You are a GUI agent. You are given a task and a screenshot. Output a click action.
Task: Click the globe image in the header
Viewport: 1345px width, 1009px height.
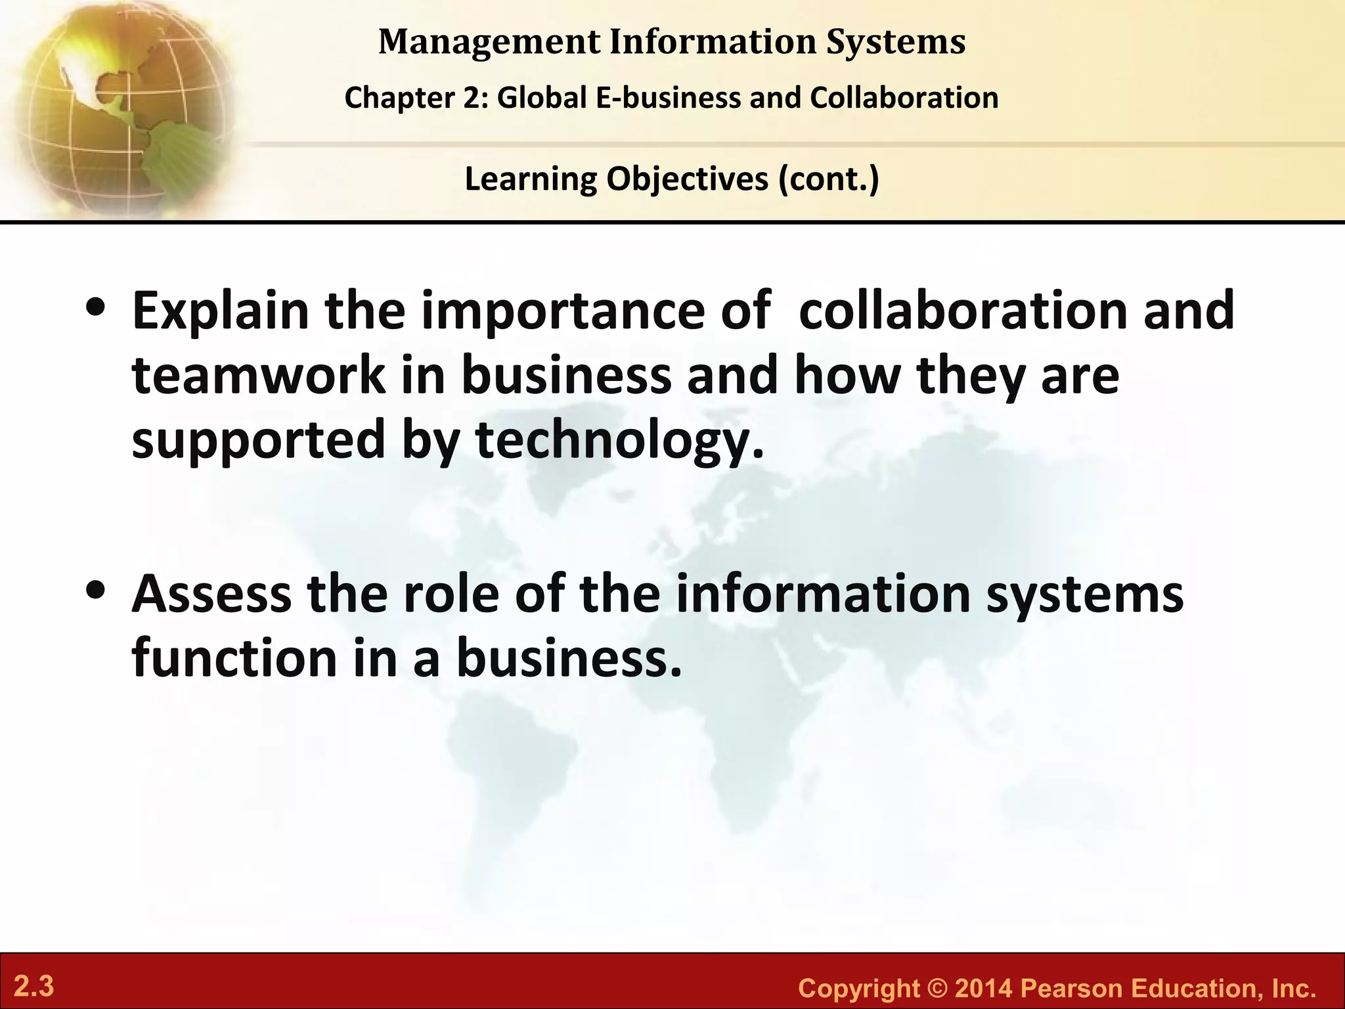tap(118, 108)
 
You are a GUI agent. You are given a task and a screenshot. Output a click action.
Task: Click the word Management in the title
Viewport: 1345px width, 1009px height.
tap(489, 42)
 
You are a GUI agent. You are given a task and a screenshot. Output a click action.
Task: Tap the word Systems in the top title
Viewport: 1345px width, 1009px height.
tap(896, 42)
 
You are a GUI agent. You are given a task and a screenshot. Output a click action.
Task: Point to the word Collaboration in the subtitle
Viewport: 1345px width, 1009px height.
tap(904, 98)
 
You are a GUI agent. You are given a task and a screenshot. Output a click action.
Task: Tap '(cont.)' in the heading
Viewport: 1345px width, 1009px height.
tap(829, 179)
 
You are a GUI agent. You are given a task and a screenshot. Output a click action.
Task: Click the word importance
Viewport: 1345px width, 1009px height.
tap(563, 311)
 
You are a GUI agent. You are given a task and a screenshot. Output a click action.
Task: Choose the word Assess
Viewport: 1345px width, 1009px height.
tap(211, 593)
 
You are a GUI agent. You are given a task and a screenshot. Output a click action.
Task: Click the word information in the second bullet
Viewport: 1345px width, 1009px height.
tap(823, 593)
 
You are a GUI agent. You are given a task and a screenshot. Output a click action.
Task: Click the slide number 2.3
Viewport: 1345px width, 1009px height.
tap(34, 987)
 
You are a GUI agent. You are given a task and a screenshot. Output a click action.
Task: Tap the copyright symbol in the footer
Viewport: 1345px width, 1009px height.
tap(937, 989)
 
